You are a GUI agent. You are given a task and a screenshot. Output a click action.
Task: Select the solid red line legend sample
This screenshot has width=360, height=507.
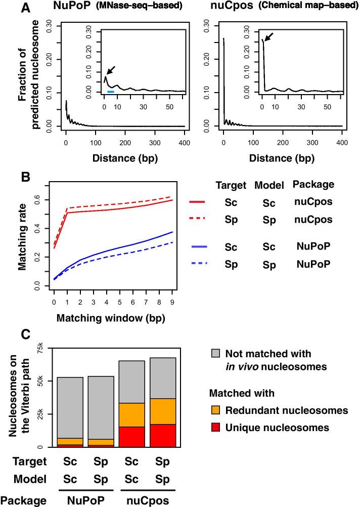(197, 202)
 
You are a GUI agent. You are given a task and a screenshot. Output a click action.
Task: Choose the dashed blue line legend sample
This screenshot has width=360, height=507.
(201, 264)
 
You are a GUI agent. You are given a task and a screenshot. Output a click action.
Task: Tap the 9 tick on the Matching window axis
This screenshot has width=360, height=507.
(172, 302)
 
